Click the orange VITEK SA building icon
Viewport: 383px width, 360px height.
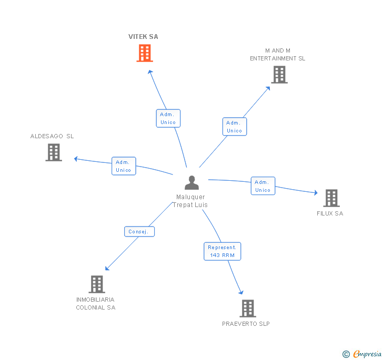(x=145, y=53)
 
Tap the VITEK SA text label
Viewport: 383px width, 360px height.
(x=143, y=37)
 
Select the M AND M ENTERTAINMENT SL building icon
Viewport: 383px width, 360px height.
(x=279, y=75)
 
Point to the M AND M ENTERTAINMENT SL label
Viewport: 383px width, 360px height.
(x=278, y=55)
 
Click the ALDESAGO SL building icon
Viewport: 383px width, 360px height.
(x=54, y=152)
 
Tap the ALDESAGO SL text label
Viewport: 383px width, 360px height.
(x=52, y=136)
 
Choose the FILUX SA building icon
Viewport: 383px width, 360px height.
(x=331, y=198)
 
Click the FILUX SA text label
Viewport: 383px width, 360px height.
(x=330, y=213)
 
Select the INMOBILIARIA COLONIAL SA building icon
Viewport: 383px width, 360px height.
(x=96, y=284)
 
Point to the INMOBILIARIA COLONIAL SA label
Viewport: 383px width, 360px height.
(x=96, y=304)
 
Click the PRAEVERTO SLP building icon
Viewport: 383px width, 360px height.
(x=247, y=308)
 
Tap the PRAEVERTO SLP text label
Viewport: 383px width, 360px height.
(x=246, y=324)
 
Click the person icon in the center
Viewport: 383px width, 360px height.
(x=192, y=183)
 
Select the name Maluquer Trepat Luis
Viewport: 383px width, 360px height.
(x=190, y=201)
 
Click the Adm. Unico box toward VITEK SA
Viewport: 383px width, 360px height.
(x=168, y=118)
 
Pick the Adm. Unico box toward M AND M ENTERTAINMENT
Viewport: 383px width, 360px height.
(x=234, y=127)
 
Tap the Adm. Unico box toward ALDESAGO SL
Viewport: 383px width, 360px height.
(x=124, y=166)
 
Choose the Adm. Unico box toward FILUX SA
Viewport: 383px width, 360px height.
(x=263, y=186)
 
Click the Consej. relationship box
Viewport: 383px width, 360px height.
(x=139, y=231)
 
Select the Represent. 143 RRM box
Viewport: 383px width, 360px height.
(x=222, y=251)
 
